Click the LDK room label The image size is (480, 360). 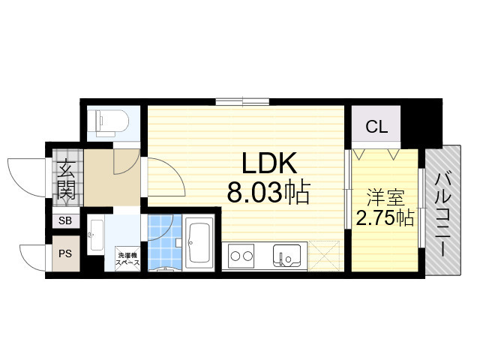(x=269, y=163)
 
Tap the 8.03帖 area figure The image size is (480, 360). (x=268, y=193)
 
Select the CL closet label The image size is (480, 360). (x=376, y=127)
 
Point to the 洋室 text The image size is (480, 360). (x=385, y=197)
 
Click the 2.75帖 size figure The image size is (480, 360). (x=385, y=218)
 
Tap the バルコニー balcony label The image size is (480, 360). (x=442, y=214)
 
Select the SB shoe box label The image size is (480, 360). (x=65, y=220)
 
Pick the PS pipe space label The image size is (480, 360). (x=65, y=253)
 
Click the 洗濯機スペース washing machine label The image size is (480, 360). (x=127, y=259)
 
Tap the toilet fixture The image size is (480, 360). (x=108, y=123)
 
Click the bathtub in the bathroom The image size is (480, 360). (x=199, y=243)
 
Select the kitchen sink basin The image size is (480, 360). (x=286, y=256)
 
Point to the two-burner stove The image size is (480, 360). (x=241, y=256)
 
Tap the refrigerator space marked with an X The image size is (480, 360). (x=325, y=256)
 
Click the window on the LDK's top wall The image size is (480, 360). (x=242, y=101)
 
